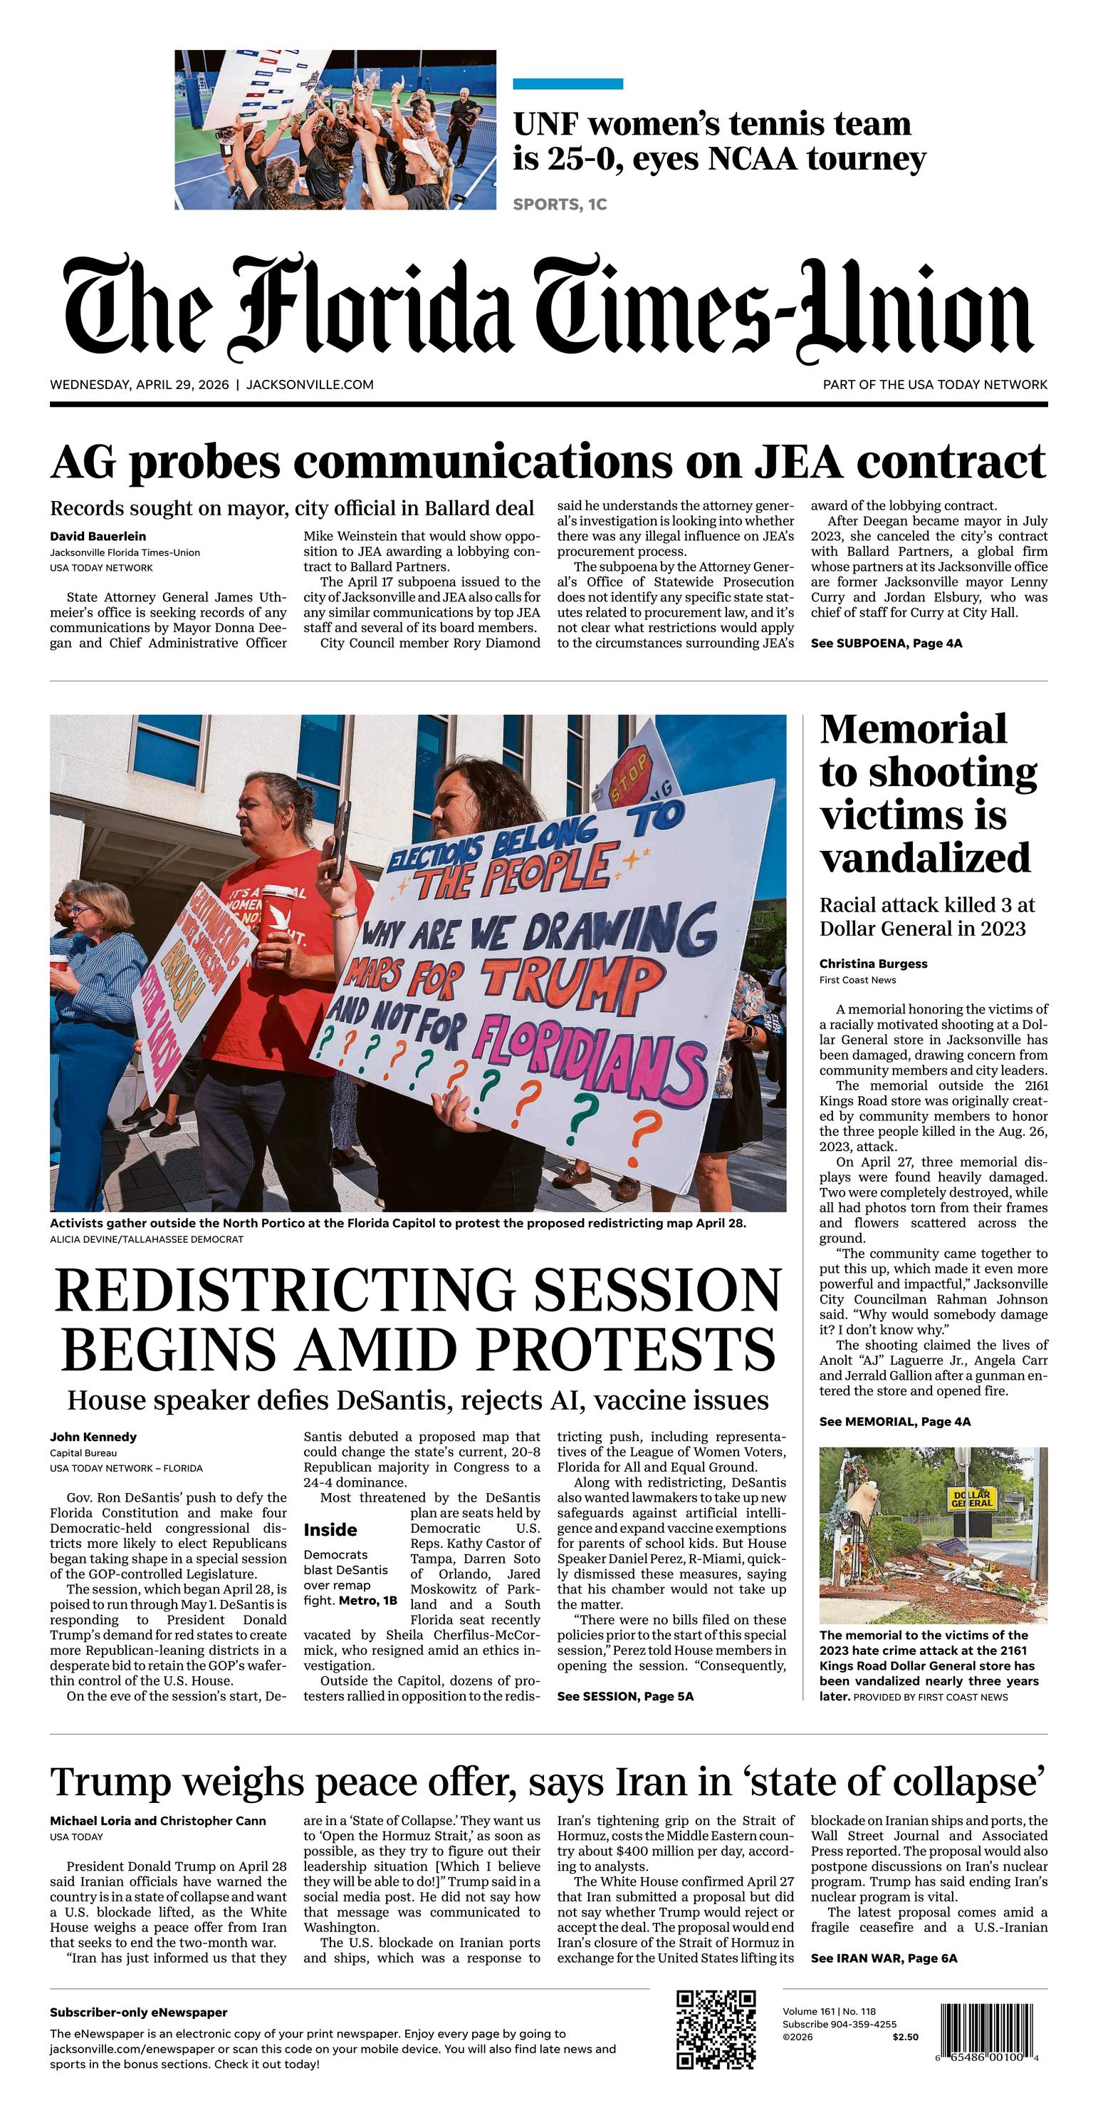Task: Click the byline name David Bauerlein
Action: (x=98, y=537)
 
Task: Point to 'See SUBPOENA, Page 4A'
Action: (x=887, y=643)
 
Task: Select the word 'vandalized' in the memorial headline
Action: (x=925, y=858)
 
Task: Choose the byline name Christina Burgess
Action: (x=873, y=964)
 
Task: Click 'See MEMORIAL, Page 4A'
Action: (x=894, y=1422)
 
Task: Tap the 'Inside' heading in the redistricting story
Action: (x=330, y=1529)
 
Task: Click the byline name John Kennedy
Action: (x=93, y=1437)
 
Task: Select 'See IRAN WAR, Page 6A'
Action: (x=884, y=1958)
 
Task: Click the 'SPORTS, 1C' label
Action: (x=560, y=205)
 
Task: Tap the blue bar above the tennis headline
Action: (x=568, y=83)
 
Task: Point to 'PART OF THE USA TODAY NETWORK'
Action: (x=935, y=385)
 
